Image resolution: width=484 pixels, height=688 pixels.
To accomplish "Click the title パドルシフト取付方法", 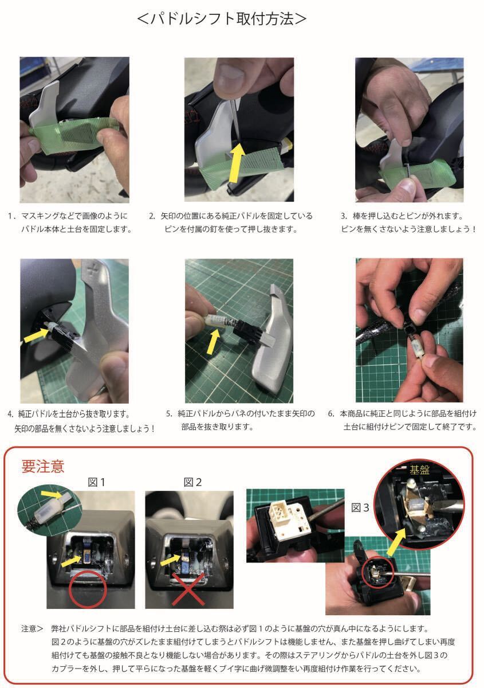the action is point(221,19).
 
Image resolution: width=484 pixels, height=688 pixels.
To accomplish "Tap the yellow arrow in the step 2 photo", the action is point(237,163).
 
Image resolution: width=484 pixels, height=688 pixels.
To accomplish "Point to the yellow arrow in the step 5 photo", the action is point(213,341).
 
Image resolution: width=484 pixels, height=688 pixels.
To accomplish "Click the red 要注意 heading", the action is point(42,466).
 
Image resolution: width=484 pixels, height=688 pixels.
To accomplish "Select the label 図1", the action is point(96,482).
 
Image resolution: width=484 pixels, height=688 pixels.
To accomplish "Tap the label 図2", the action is point(192,482).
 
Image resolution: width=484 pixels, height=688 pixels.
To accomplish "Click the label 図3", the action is point(360,508).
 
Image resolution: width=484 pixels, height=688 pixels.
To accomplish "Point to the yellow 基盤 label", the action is point(419,470).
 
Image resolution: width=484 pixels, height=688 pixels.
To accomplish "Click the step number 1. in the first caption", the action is point(12,216).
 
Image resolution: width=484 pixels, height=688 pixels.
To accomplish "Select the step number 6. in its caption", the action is point(331,413).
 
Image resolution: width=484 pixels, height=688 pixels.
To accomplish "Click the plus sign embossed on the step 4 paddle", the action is point(92,271).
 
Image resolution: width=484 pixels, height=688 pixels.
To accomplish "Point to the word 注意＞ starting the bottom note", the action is point(32,629).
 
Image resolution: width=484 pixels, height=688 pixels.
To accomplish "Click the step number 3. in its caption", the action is point(344,216).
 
